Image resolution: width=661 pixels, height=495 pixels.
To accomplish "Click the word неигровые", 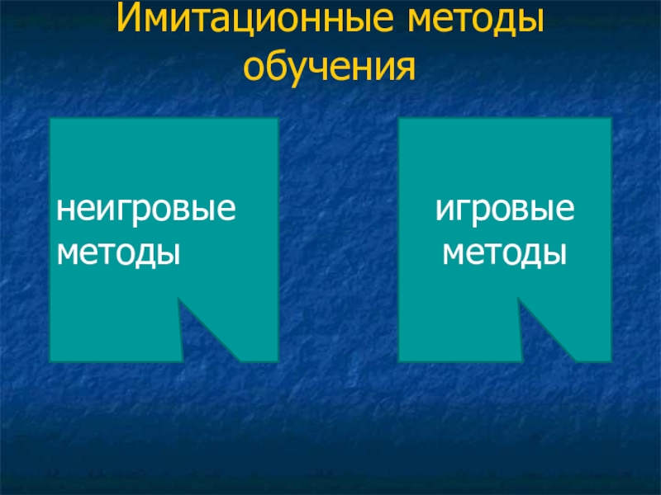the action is [x=145, y=210].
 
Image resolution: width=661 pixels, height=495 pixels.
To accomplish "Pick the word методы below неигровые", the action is [x=118, y=251].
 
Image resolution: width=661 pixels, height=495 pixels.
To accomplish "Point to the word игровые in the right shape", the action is [x=505, y=210].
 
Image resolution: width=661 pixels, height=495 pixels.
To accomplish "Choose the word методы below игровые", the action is [x=505, y=251].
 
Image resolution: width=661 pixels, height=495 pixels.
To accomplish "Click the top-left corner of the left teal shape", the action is [x=51, y=119].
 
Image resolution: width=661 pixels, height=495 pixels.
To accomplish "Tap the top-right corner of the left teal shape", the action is [x=277, y=119].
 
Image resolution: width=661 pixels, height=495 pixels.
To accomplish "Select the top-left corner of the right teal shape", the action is [x=400, y=119].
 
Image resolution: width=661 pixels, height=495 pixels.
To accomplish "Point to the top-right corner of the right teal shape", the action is [x=611, y=119].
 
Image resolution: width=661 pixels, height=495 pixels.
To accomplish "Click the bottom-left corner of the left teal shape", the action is [x=51, y=361].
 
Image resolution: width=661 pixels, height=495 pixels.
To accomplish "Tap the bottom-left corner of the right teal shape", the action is [x=400, y=361].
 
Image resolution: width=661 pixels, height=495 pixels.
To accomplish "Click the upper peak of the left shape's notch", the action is [x=179, y=299].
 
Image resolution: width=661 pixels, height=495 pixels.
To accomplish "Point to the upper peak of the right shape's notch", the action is [x=519, y=299].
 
